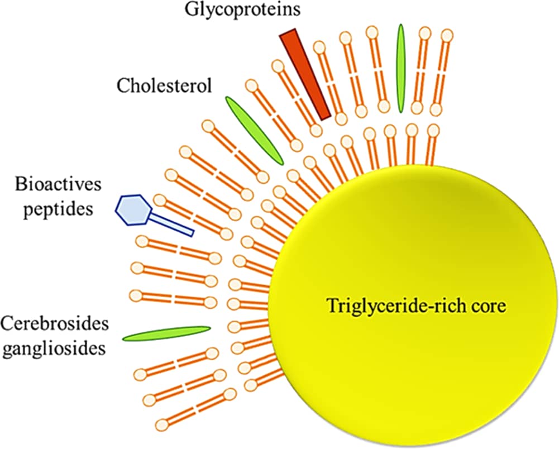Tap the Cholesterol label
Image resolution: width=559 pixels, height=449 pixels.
point(164,86)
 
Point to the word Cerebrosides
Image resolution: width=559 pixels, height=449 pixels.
point(54,323)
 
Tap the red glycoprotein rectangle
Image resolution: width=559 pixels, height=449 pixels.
point(305,74)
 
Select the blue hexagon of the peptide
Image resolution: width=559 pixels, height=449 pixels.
point(133,209)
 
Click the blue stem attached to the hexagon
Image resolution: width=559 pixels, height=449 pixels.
point(173,224)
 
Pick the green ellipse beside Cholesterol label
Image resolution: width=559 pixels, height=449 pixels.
point(255,130)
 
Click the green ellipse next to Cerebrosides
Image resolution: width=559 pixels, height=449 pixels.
point(166,333)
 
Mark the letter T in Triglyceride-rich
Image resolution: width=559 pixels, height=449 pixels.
point(331,305)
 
